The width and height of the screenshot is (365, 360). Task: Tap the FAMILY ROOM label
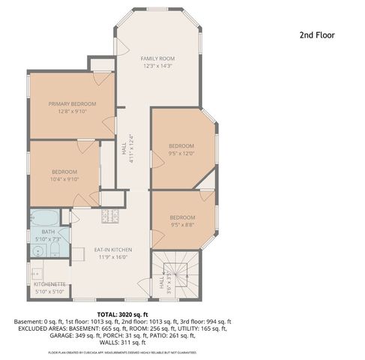(158, 58)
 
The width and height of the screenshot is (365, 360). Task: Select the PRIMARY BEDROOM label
(73, 103)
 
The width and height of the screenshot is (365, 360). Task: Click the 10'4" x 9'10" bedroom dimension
(64, 179)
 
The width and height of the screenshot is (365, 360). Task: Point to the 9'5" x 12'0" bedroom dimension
(181, 153)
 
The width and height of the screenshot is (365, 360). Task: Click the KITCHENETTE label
(50, 284)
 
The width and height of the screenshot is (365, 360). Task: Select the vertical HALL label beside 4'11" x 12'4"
(123, 150)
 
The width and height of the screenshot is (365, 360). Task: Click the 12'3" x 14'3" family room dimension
(158, 66)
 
